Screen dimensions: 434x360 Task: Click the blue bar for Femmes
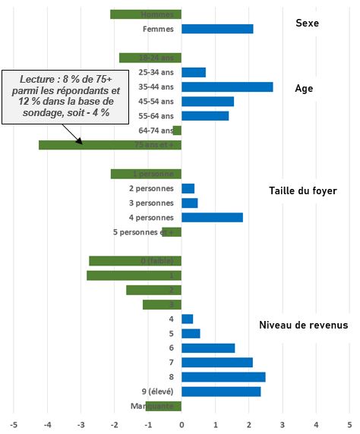(x=217, y=29)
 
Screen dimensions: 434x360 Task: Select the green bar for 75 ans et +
(x=109, y=145)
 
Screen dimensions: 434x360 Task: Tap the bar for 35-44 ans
(x=227, y=87)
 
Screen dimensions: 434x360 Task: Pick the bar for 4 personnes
(x=212, y=218)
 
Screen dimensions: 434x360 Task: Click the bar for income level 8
(x=223, y=377)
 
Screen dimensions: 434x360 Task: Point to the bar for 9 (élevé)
(x=221, y=392)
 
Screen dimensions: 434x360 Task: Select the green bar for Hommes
(x=146, y=14)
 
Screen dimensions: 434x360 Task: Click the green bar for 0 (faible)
(x=135, y=261)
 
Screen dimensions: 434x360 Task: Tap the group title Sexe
(x=307, y=24)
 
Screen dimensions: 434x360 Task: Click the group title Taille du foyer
(x=303, y=191)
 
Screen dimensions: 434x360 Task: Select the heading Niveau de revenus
(x=303, y=325)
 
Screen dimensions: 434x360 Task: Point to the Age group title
(x=304, y=88)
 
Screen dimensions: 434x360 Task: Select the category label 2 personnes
(x=151, y=188)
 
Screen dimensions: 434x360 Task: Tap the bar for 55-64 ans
(x=205, y=116)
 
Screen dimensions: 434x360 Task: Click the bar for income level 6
(x=208, y=348)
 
